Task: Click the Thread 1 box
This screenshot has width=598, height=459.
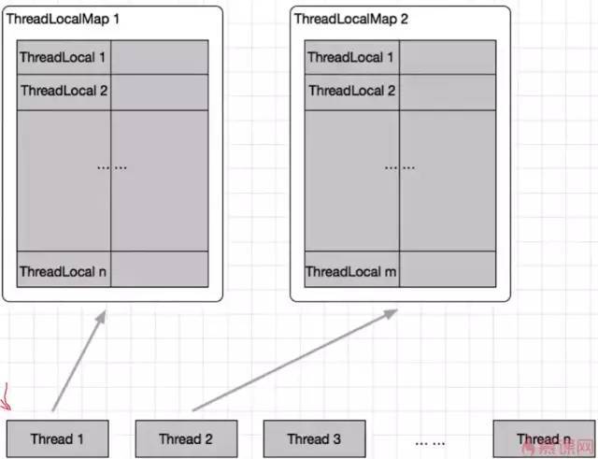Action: [57, 438]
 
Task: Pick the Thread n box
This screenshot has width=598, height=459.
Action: [544, 438]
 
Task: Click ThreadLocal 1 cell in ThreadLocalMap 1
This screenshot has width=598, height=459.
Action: [64, 57]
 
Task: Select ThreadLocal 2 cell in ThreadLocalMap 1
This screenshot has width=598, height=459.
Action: [64, 92]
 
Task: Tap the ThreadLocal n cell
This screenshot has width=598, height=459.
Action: [64, 271]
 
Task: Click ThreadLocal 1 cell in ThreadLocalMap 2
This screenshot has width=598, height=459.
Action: [351, 57]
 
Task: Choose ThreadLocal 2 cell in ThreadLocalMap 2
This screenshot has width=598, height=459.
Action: [351, 92]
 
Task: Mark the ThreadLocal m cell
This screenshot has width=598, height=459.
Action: [351, 271]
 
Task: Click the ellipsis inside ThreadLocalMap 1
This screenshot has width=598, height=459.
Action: [111, 166]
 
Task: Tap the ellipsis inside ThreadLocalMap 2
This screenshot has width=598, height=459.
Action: [399, 166]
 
